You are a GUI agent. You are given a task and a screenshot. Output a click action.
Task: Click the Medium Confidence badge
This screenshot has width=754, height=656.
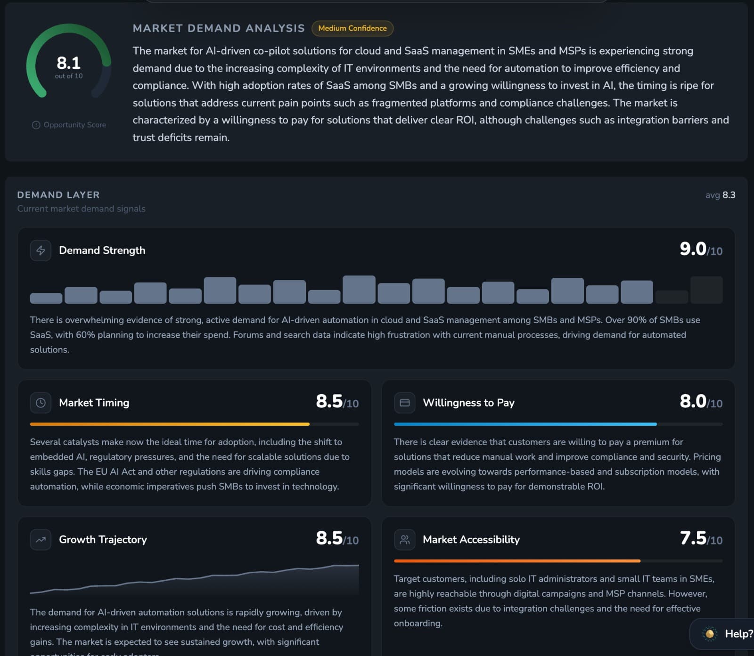352,28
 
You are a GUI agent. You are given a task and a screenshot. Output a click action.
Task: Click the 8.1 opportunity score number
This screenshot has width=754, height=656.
68,63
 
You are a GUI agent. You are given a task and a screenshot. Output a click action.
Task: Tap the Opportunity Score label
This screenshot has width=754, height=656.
69,125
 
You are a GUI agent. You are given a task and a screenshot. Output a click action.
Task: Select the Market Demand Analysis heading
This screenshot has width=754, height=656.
219,28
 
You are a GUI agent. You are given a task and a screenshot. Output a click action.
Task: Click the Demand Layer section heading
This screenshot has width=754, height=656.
58,195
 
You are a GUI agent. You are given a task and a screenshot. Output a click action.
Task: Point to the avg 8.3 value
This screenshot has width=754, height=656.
720,195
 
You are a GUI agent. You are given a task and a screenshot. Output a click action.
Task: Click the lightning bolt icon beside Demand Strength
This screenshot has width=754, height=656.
41,251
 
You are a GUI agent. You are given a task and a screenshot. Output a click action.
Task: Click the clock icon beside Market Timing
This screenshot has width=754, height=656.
41,403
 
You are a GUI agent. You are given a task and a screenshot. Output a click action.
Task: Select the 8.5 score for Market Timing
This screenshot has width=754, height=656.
329,401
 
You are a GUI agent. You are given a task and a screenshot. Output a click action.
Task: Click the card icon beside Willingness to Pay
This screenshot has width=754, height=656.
405,403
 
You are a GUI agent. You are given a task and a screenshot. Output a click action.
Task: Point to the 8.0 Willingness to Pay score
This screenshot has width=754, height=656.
693,401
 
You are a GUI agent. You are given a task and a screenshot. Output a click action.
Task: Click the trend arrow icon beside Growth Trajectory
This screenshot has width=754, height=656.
41,540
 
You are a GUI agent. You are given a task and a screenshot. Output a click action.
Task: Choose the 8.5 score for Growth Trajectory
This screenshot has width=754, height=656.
329,538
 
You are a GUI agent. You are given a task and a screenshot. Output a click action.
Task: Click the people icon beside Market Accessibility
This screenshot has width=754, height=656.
405,540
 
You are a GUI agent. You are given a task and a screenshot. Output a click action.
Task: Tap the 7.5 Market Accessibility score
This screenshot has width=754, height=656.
693,538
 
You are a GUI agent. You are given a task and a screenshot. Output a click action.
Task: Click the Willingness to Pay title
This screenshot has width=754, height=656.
468,403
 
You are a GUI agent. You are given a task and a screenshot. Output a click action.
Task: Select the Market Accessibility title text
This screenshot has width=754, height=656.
471,540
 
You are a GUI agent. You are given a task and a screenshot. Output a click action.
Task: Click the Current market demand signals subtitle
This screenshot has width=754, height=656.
81,209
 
